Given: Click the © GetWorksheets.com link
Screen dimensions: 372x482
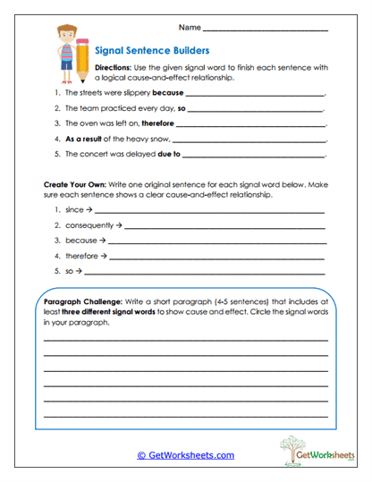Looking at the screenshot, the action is click(x=185, y=455).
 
